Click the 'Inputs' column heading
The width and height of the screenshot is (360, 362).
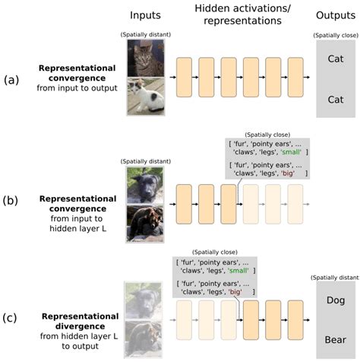coord(145,14)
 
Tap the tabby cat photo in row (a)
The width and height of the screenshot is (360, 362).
coord(145,58)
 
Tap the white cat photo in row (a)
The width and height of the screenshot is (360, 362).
coord(145,97)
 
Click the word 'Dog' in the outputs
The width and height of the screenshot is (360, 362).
coord(334,300)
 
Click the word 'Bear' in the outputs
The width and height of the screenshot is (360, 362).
coord(334,335)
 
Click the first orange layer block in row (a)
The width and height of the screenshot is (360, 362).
coord(187,77)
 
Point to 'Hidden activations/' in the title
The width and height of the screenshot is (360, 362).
coord(239,9)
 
